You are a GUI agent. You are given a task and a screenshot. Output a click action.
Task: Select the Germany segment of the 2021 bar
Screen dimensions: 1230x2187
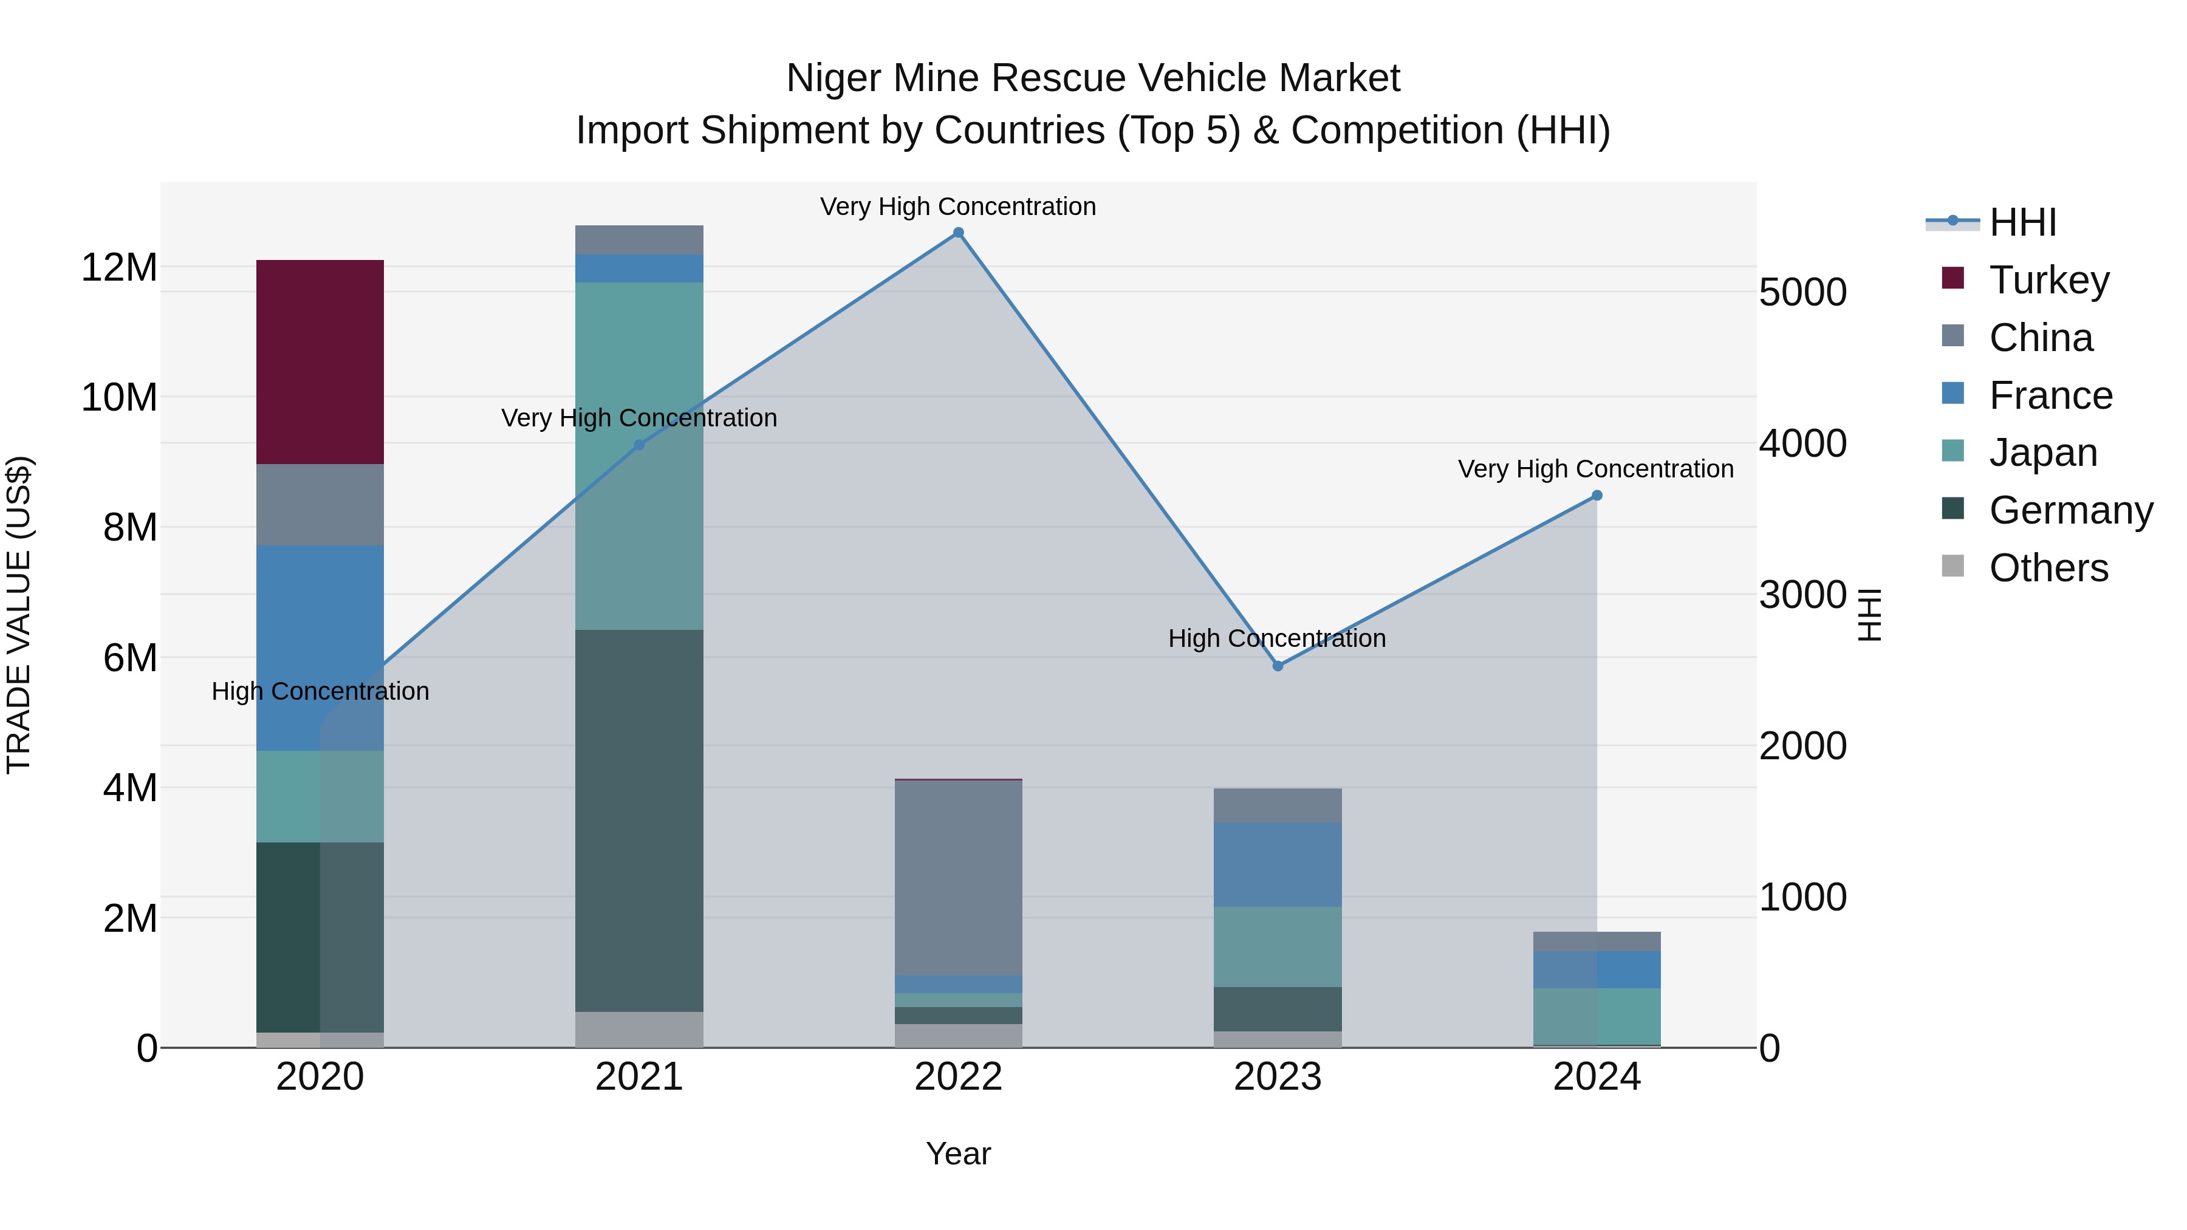pyautogui.click(x=639, y=820)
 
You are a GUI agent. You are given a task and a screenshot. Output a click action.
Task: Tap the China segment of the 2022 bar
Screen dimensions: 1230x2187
pyautogui.click(x=959, y=878)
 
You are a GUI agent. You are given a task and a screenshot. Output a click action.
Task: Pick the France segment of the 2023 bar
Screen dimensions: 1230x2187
pyautogui.click(x=1278, y=864)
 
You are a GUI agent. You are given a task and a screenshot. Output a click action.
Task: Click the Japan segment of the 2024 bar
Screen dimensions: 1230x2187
pyautogui.click(x=1597, y=1016)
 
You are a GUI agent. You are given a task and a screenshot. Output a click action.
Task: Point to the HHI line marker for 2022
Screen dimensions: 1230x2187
pyautogui.click(x=959, y=233)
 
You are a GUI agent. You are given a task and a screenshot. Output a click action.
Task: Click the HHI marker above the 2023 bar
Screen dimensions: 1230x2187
pyautogui.click(x=1278, y=666)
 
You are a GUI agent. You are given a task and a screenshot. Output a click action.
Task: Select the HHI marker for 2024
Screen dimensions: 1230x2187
pyautogui.click(x=1597, y=496)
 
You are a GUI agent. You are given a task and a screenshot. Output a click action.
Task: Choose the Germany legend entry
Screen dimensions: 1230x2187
pyautogui.click(x=2070, y=510)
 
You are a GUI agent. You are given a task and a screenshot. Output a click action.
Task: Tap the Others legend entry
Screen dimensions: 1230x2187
pyautogui.click(x=2048, y=568)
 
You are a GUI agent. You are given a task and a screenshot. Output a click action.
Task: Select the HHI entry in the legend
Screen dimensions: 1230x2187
pyautogui.click(x=2022, y=222)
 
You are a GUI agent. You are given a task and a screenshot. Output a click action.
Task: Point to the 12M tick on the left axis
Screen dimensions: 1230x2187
pyautogui.click(x=119, y=267)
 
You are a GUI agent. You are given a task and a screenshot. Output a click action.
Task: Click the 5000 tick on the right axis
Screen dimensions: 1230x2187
pyautogui.click(x=1802, y=292)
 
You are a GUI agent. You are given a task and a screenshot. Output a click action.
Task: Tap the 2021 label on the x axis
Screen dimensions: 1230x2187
pyautogui.click(x=639, y=1077)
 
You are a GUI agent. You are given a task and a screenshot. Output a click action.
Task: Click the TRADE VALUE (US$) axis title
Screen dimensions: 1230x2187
pyautogui.click(x=19, y=615)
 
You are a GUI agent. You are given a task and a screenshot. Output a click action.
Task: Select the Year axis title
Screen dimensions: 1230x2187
pyautogui.click(x=959, y=1153)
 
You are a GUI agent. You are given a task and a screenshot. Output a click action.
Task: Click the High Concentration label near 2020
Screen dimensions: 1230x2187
pyautogui.click(x=320, y=691)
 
